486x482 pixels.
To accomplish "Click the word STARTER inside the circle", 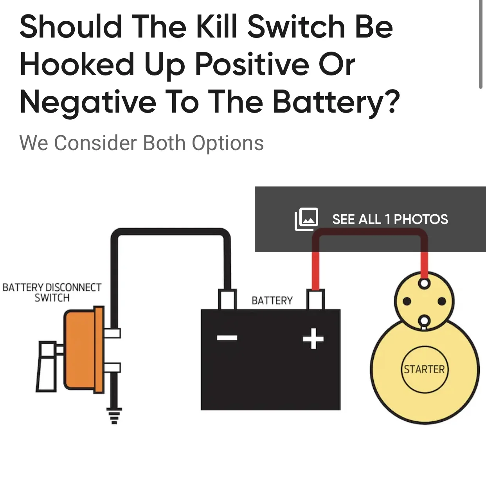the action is [x=424, y=369].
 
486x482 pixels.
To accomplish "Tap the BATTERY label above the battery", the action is [x=272, y=300].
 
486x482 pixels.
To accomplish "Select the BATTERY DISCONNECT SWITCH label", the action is [x=52, y=292].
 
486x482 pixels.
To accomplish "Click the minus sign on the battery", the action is [x=227, y=338].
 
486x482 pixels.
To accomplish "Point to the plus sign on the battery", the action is [x=313, y=339].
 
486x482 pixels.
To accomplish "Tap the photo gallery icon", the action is [x=306, y=219].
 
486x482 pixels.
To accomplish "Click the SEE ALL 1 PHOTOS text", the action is [x=390, y=219].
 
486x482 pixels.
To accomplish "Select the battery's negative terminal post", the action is [x=227, y=299].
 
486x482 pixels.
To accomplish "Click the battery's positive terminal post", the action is [x=315, y=299].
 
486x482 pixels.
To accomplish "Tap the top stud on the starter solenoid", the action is [x=424, y=283].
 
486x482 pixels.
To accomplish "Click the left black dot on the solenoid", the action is [x=407, y=301].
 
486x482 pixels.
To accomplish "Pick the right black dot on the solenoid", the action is [x=442, y=301].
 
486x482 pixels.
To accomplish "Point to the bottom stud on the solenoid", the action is [x=424, y=321].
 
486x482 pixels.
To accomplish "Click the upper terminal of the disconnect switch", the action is [x=112, y=333].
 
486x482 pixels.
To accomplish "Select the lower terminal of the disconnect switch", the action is [x=112, y=367].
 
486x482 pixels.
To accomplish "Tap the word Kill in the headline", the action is [x=217, y=27].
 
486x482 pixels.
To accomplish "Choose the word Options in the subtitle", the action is [x=228, y=143].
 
